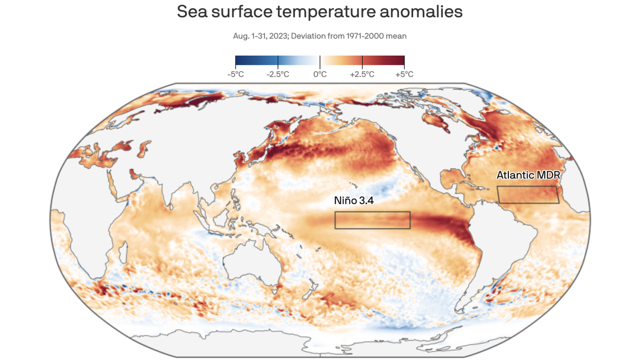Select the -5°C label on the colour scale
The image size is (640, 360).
tap(235, 74)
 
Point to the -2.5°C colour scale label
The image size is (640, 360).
tap(278, 74)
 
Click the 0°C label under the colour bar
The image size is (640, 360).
tap(320, 74)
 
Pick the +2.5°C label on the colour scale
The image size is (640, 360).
tap(362, 74)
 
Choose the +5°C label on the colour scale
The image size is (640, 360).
tap(404, 74)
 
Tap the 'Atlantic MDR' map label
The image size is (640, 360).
tap(528, 175)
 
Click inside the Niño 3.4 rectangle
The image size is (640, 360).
tap(372, 220)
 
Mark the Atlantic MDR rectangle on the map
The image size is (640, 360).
tap(528, 195)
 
